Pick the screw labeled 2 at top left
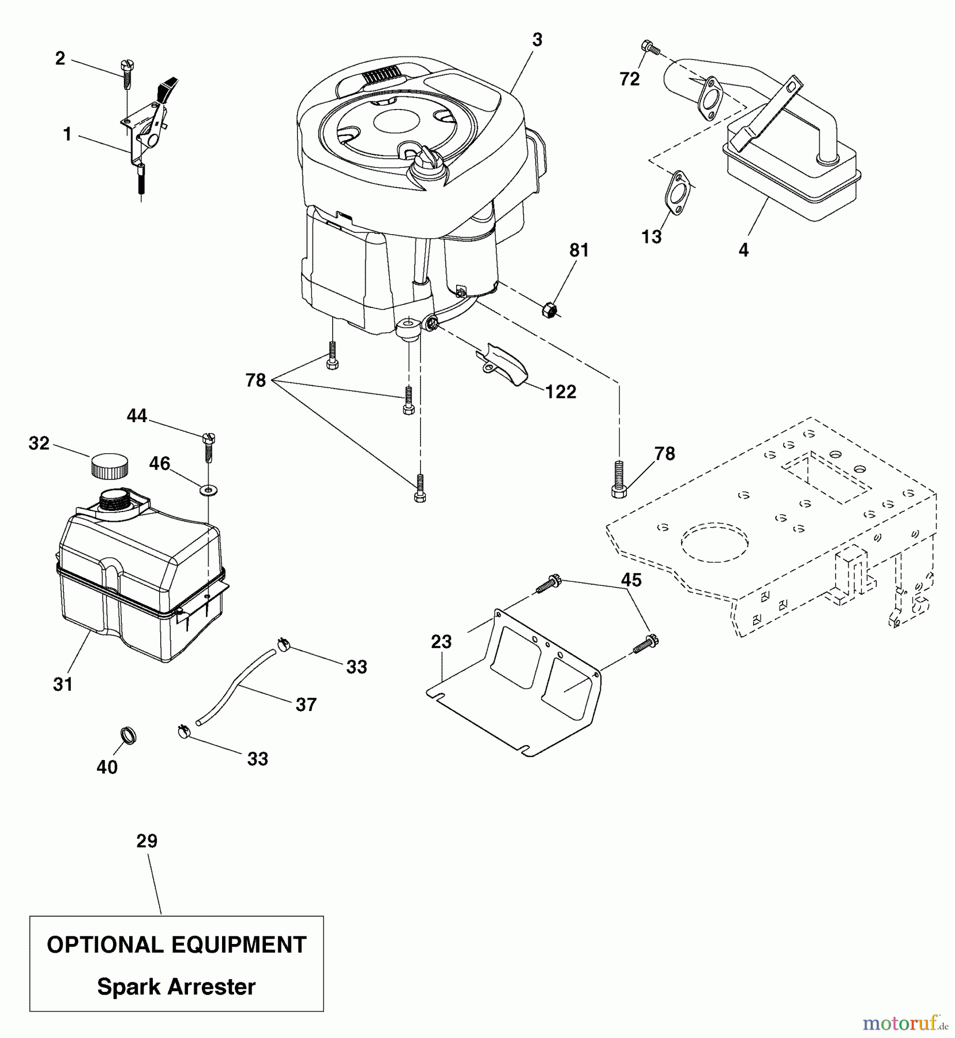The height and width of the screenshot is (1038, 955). [127, 75]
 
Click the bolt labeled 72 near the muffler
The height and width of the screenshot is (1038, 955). [650, 48]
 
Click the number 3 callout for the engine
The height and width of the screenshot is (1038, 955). [537, 40]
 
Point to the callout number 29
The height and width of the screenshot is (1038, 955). [146, 841]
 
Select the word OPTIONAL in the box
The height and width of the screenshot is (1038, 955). [104, 945]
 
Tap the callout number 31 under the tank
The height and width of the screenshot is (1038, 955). [63, 685]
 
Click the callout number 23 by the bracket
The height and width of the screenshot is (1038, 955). [441, 641]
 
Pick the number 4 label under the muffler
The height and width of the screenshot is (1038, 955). [743, 250]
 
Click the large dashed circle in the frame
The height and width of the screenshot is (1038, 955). [715, 543]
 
